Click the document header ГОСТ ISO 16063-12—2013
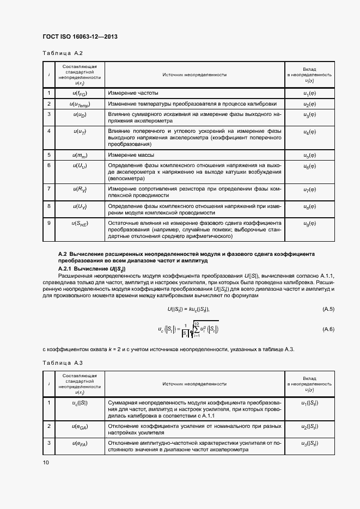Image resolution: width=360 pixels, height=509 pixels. pos(80,36)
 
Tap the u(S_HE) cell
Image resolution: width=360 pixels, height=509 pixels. pos(80,223)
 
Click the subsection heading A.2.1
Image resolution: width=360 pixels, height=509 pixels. pos(91,269)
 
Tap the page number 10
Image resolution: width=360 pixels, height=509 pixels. pos(46,462)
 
